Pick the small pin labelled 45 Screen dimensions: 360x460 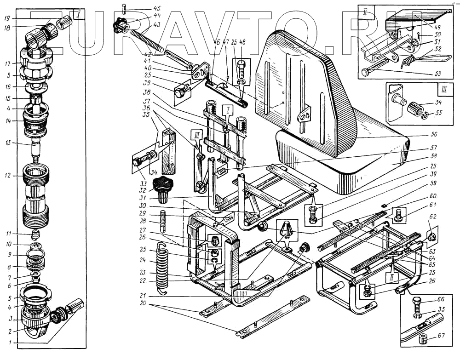[x=125, y=8]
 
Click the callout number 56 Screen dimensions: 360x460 [x=433, y=134]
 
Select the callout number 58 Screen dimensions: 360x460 [x=433, y=156]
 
